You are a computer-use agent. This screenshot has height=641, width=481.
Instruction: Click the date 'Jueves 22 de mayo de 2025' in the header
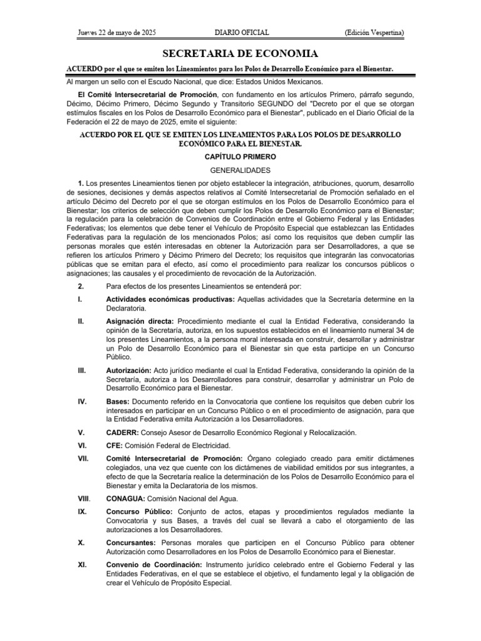(116, 32)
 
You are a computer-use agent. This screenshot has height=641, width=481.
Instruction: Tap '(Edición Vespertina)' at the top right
(374, 32)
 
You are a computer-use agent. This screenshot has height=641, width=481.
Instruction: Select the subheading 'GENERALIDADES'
(240, 170)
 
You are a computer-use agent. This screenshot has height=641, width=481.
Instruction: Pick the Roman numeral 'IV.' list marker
(81, 401)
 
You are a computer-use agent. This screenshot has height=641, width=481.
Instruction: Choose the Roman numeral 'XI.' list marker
(81, 565)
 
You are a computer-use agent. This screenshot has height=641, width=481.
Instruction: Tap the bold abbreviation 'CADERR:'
(123, 432)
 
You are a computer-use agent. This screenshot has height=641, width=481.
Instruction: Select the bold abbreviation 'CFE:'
(116, 445)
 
